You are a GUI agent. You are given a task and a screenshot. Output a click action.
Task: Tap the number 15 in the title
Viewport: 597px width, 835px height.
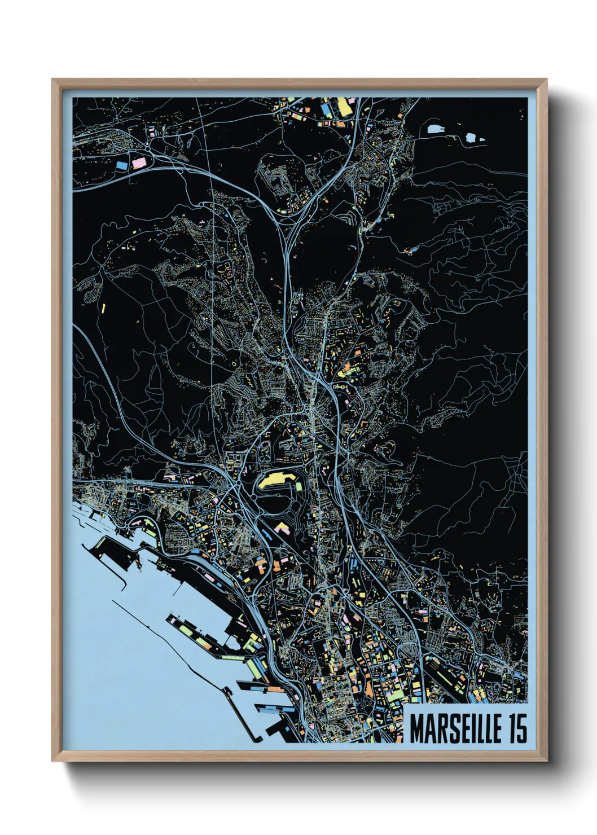pyautogui.click(x=517, y=729)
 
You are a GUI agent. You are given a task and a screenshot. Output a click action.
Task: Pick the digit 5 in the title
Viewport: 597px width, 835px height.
pyautogui.click(x=522, y=729)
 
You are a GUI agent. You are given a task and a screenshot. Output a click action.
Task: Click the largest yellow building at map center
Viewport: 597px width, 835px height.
pyautogui.click(x=278, y=481)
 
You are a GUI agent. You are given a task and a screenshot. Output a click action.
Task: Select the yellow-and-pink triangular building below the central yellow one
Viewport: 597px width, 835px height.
pyautogui.click(x=281, y=528)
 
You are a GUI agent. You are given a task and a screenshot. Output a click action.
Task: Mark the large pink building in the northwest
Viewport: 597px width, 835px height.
pyautogui.click(x=139, y=162)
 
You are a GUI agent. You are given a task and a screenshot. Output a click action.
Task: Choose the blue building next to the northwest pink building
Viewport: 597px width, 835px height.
pyautogui.click(x=122, y=165)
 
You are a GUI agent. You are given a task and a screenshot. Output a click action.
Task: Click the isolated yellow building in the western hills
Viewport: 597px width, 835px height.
pyautogui.click(x=104, y=308)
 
